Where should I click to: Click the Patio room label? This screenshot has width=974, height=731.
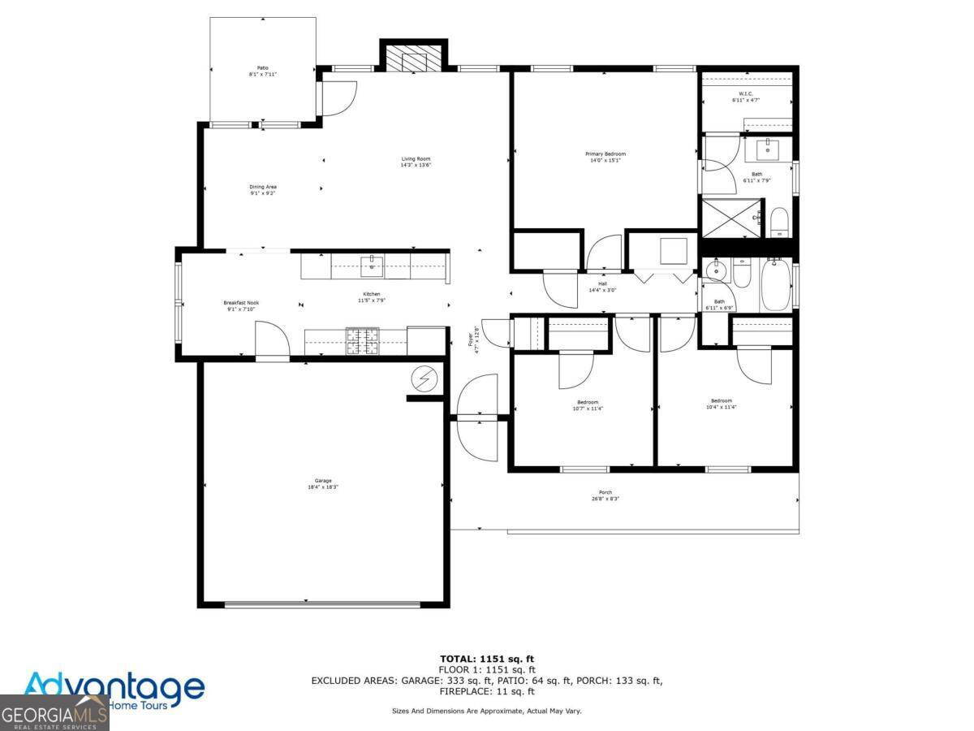(263, 71)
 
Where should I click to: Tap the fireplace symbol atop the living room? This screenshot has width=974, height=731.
(414, 58)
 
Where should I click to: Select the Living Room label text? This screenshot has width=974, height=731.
(416, 162)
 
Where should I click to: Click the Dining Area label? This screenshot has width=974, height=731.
(263, 190)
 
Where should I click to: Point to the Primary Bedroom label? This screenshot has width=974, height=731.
(606, 157)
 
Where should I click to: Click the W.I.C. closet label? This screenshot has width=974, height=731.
(745, 97)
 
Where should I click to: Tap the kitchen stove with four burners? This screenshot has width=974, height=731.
(363, 341)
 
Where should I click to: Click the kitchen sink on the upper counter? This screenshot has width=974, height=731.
(371, 265)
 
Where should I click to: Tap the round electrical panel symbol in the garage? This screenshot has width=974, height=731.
(423, 378)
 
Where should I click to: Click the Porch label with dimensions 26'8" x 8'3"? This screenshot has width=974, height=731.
(606, 495)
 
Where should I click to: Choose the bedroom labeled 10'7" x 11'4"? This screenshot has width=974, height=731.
(588, 405)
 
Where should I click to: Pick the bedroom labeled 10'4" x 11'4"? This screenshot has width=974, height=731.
(721, 404)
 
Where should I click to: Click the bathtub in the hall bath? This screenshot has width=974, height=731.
(775, 284)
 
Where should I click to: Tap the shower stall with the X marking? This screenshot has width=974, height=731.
(730, 217)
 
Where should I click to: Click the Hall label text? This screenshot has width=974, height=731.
(602, 287)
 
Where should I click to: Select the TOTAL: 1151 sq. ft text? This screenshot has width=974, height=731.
(487, 659)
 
